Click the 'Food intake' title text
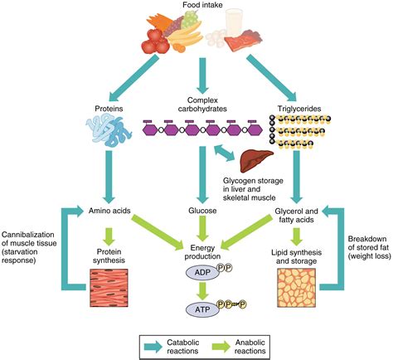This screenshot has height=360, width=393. coord(196,6)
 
